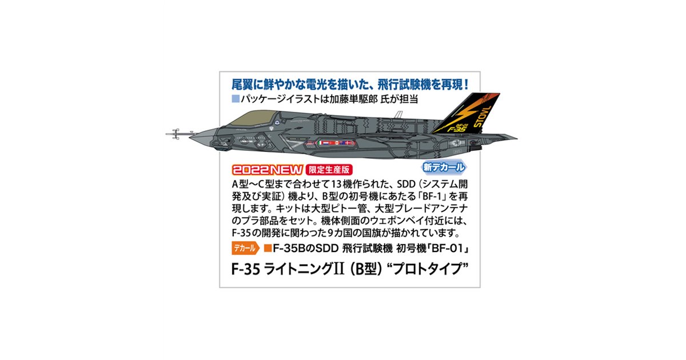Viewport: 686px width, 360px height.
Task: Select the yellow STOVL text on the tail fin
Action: click(x=482, y=117)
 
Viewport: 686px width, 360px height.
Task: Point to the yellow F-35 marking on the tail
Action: click(x=457, y=129)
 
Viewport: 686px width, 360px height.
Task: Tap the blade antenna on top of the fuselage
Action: click(x=398, y=114)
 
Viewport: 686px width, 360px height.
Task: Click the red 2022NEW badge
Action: click(x=268, y=170)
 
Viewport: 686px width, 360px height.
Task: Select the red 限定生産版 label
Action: click(x=329, y=170)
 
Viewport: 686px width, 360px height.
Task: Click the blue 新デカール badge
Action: click(x=444, y=167)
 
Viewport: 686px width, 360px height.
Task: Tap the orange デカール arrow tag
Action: click(x=245, y=248)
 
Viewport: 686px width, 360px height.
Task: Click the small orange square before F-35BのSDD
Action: click(x=268, y=248)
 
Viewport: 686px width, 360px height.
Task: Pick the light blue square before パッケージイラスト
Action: click(x=236, y=99)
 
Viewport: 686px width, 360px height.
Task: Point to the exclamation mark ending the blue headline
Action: click(x=466, y=85)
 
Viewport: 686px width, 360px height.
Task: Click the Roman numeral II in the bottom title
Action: click(x=338, y=269)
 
